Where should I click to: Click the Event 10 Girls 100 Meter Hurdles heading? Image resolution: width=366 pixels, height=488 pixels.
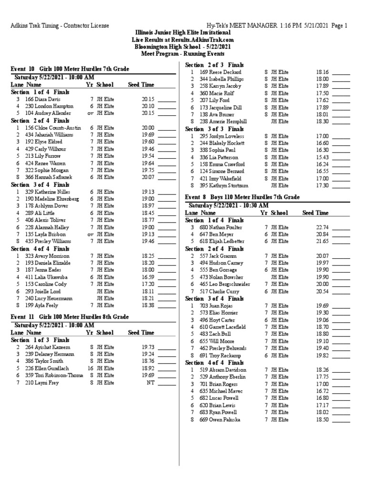pyautogui.click(x=70, y=70)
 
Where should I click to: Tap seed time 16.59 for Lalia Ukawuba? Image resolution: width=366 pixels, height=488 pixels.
pyautogui.click(x=148, y=277)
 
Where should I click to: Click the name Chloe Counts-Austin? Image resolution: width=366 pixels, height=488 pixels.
pyautogui.click(x=53, y=128)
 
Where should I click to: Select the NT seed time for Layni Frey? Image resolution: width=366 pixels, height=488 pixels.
pyautogui.click(x=151, y=383)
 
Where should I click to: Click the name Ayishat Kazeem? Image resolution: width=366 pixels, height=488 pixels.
pyautogui.click(x=47, y=347)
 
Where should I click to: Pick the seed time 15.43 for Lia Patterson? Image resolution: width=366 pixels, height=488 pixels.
pyautogui.click(x=322, y=157)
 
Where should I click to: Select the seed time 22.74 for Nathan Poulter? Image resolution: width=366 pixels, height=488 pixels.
pyautogui.click(x=322, y=227)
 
